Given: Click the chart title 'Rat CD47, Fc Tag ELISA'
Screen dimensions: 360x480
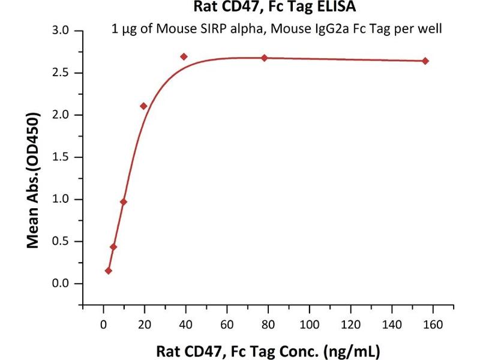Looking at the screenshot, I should coord(274,7).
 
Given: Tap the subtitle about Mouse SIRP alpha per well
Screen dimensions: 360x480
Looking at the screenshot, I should coord(277,29).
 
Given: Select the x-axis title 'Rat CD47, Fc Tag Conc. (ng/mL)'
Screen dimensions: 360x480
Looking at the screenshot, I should coord(269,350).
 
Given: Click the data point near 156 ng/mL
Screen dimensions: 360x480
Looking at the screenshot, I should coord(425,61).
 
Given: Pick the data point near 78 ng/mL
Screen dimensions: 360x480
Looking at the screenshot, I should coord(264,58).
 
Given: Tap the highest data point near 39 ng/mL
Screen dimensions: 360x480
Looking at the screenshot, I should coord(184,56).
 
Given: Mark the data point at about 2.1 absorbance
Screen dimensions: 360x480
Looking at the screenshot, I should coord(143,106).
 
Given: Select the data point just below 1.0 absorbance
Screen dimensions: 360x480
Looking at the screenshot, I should coord(124,202).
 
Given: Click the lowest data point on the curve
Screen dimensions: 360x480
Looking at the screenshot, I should coord(108,271).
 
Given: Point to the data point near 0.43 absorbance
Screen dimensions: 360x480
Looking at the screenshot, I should coord(113,247).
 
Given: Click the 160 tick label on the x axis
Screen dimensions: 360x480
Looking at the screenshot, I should coord(433,325).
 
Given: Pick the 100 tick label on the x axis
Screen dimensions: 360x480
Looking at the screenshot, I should coord(309,325).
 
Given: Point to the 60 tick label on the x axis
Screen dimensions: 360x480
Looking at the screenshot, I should coord(227,325).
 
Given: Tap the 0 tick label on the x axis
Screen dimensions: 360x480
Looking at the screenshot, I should coord(103,325).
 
